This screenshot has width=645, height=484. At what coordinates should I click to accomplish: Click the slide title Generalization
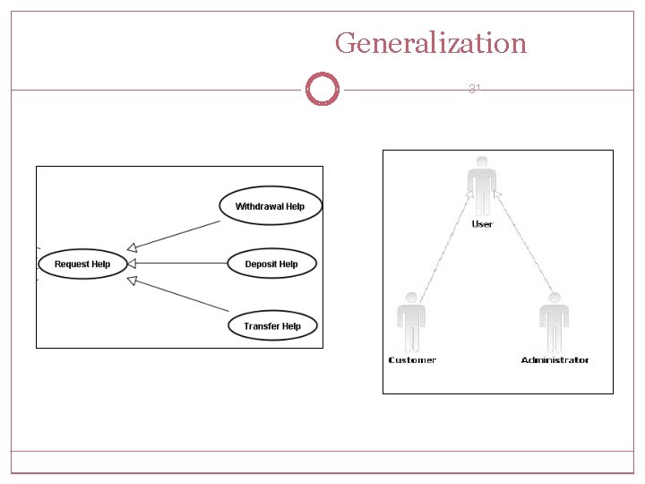(431, 42)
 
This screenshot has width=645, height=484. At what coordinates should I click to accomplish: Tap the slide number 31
(475, 89)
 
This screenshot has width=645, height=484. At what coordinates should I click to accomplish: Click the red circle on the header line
(322, 90)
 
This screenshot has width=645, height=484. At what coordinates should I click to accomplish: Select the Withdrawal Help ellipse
(270, 206)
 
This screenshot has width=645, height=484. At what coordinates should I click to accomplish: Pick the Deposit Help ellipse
(271, 264)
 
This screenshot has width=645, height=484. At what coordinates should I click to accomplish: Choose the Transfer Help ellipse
(271, 326)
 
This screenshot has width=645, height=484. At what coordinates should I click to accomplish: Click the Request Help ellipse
(82, 264)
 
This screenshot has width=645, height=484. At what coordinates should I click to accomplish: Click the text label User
(482, 224)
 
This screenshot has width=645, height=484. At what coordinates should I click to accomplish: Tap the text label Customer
(412, 360)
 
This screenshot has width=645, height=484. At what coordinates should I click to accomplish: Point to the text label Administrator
(555, 360)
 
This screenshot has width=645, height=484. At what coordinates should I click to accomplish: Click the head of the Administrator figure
(555, 298)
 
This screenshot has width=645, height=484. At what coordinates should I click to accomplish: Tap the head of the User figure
(482, 161)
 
